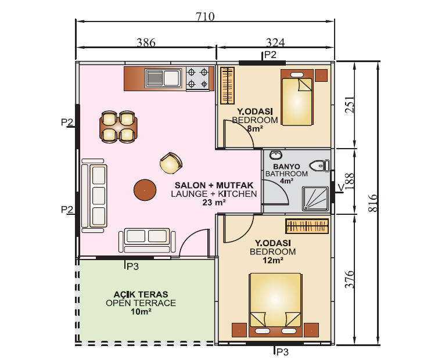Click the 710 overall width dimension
click(205, 16)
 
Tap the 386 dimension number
click(146, 42)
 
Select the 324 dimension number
click(275, 42)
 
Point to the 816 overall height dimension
click(372, 203)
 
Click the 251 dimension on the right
click(350, 105)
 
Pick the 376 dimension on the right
click(350, 279)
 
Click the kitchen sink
click(163, 78)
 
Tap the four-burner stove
click(198, 78)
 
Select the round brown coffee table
click(145, 190)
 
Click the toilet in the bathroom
click(320, 166)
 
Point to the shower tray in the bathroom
click(315, 199)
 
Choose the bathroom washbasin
click(276, 154)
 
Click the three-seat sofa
click(94, 196)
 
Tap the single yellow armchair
click(171, 163)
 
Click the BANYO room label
click(286, 167)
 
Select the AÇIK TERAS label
click(141, 294)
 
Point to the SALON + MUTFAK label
click(214, 185)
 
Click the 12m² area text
click(273, 260)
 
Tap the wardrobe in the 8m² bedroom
click(227, 85)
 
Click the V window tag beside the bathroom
click(340, 188)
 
